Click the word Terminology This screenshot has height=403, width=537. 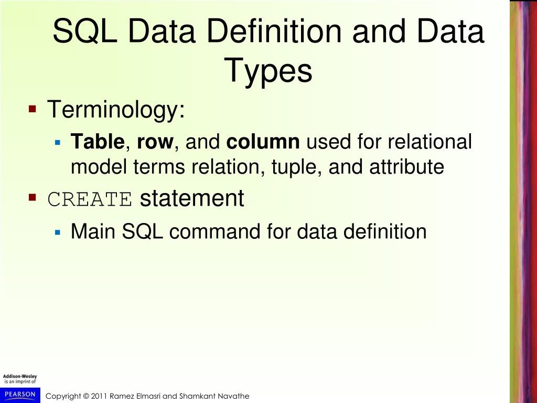[x=116, y=110]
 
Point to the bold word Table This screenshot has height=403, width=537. [x=98, y=142]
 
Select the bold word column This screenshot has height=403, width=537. [x=263, y=142]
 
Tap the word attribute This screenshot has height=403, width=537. [x=406, y=167]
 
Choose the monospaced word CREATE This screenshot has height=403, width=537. [x=90, y=199]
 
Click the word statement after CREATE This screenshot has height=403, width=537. [x=192, y=199]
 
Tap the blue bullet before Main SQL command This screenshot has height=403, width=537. [x=58, y=231]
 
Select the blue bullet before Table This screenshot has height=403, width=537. [x=58, y=142]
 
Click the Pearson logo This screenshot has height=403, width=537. [x=20, y=394]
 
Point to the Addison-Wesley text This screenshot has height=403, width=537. [x=20, y=377]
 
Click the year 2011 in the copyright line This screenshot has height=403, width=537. [x=100, y=396]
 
